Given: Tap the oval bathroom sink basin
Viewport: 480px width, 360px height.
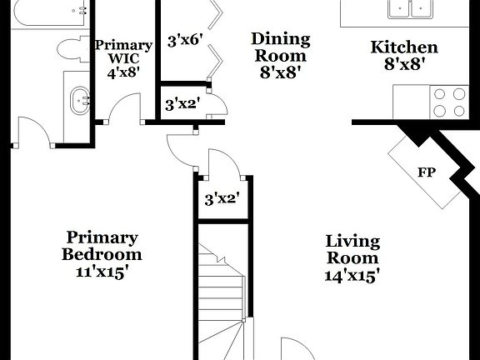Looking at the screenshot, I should click(x=82, y=102).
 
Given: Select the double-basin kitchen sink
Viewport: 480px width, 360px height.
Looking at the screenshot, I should click(x=409, y=9).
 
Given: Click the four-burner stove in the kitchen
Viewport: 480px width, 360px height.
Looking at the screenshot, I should click(x=449, y=101).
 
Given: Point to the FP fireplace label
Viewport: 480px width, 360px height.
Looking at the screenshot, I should click(x=427, y=173).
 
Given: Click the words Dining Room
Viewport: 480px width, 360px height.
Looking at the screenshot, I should click(x=280, y=47).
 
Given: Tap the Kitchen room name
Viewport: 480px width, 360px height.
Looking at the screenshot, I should click(x=403, y=47).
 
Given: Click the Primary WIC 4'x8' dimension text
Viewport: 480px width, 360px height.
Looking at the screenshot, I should click(x=123, y=72).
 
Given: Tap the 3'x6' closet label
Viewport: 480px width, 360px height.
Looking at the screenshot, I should click(x=185, y=40).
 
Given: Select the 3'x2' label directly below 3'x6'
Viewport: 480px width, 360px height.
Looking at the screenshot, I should click(x=181, y=104).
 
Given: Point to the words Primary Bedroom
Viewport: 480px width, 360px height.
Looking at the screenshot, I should click(x=102, y=246).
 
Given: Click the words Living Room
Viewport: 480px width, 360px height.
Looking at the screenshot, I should click(x=352, y=250).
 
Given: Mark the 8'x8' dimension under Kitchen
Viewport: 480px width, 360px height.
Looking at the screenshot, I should click(x=404, y=65).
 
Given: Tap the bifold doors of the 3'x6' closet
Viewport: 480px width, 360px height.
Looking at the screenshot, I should click(x=217, y=37).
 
